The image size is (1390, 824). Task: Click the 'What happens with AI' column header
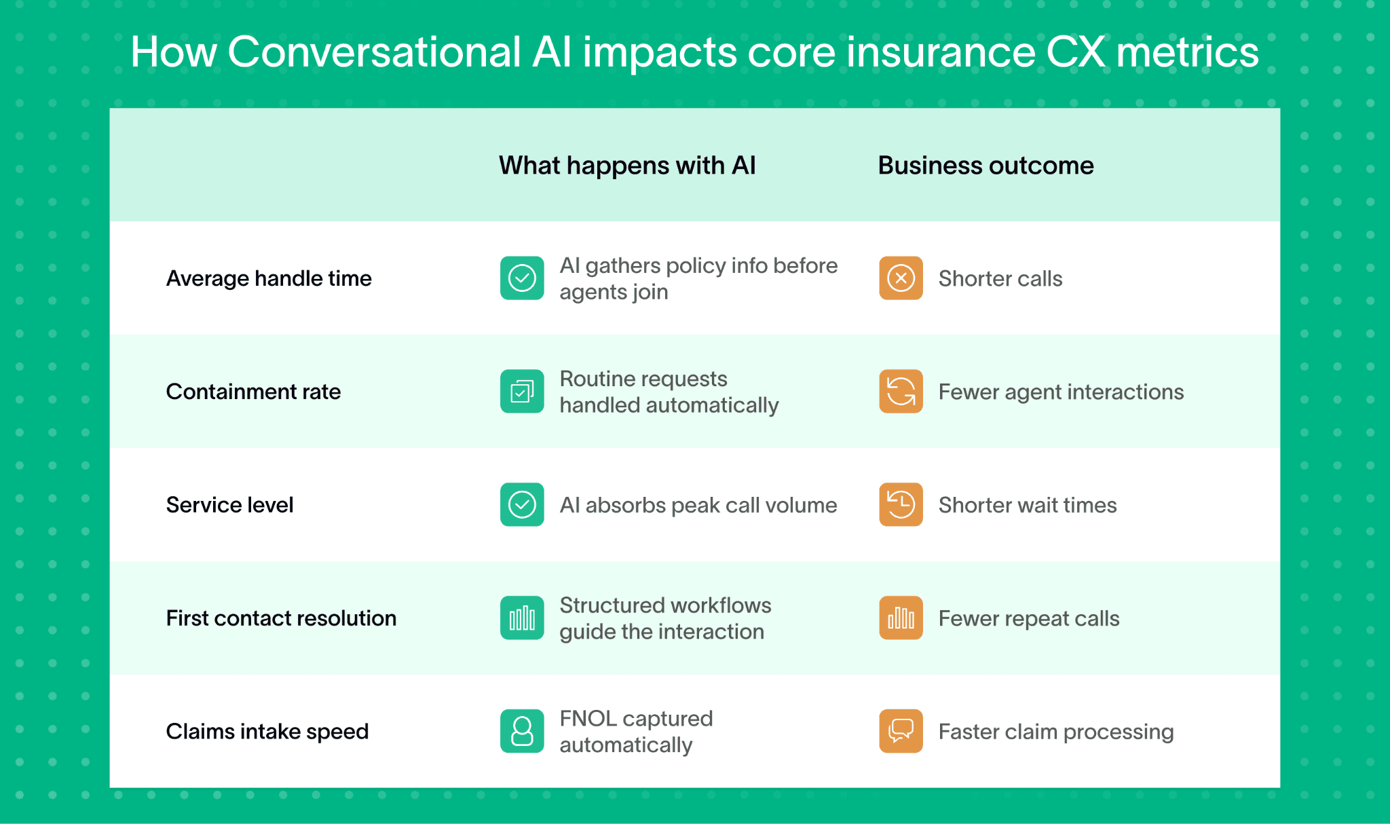coord(626,166)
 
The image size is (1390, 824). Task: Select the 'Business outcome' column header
coord(985,166)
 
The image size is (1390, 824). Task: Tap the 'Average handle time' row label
coord(269,278)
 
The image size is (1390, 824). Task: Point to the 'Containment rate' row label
coord(253,392)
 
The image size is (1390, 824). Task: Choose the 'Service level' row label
coord(229,505)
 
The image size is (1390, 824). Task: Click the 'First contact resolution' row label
coord(281,618)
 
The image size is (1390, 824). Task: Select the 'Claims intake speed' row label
coord(267,732)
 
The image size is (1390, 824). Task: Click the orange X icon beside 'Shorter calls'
coord(901,278)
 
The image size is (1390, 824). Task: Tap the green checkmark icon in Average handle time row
coord(522,278)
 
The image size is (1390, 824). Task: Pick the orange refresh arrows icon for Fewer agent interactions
coord(901,392)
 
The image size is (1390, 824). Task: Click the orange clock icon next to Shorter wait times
coord(901,505)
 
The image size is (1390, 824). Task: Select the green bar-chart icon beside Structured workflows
coord(522,618)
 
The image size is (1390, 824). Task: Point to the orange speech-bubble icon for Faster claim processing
coord(901,732)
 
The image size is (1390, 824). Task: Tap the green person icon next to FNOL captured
coord(522,732)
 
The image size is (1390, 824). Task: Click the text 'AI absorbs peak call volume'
coord(698,505)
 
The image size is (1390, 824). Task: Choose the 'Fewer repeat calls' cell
coord(1028,618)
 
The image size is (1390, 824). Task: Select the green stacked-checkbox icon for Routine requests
coord(522,392)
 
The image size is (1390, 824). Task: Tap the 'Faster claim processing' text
coord(1055,732)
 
